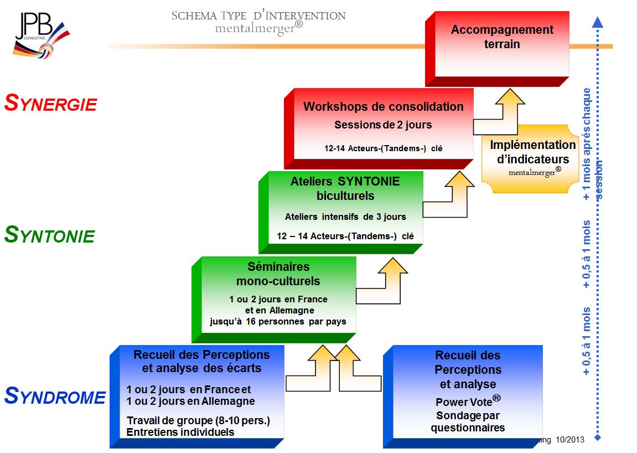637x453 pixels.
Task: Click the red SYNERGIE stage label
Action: [x=50, y=103]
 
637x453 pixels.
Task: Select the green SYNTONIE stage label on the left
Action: [x=49, y=235]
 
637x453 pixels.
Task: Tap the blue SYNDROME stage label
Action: [x=54, y=397]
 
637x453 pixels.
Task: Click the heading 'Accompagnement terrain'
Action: [x=502, y=37]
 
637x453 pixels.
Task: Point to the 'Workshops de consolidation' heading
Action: [x=383, y=106]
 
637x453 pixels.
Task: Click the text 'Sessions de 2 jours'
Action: [x=383, y=125]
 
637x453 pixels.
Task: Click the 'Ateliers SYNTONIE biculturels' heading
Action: [x=345, y=188]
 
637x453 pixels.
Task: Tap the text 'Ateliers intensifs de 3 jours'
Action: [x=345, y=217]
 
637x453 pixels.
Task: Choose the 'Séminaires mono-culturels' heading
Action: [x=278, y=274]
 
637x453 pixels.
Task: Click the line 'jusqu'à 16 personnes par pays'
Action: [x=278, y=321]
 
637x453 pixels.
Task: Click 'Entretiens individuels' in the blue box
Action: [x=180, y=432]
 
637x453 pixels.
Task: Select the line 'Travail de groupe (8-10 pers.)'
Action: [x=198, y=420]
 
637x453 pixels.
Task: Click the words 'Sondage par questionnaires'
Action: [x=468, y=421]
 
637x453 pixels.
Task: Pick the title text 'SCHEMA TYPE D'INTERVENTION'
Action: [x=258, y=16]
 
